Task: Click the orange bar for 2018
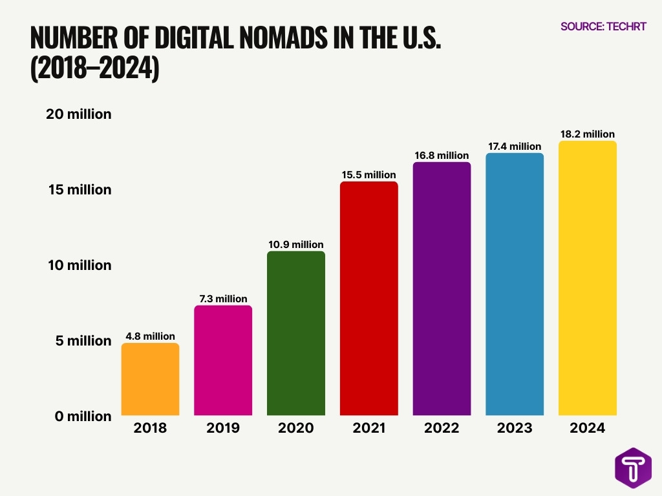(150, 379)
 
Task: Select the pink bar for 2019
(223, 360)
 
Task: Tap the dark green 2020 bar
(296, 333)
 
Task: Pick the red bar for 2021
(368, 298)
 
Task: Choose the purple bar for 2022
(442, 289)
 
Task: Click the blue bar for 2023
(515, 284)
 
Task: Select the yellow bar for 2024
(588, 278)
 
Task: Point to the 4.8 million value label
(150, 336)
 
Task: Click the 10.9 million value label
(296, 245)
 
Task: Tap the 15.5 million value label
(368, 175)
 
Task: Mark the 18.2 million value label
(588, 134)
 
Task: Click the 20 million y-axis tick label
(79, 114)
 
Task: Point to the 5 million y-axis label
(83, 341)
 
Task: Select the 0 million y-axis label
(83, 417)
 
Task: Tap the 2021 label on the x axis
(368, 428)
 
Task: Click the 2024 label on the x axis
(588, 428)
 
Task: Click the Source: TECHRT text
(603, 27)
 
